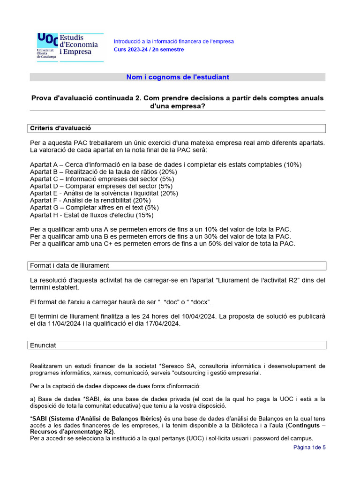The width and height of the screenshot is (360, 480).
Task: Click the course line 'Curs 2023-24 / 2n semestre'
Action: (149, 50)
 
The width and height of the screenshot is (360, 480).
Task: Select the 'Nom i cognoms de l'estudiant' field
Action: (178, 77)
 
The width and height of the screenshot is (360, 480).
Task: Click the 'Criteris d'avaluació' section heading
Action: (60, 128)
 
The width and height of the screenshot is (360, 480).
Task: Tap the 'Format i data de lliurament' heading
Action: (69, 265)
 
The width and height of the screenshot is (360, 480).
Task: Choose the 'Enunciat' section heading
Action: (43, 345)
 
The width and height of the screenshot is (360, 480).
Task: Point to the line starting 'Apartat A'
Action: (166, 165)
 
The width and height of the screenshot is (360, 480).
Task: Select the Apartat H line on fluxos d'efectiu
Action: (91, 215)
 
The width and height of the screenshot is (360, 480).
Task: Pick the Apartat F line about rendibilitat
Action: (90, 200)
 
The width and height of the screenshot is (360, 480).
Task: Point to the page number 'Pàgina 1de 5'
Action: (309, 447)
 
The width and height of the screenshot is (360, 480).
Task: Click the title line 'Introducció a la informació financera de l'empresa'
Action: (174, 41)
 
